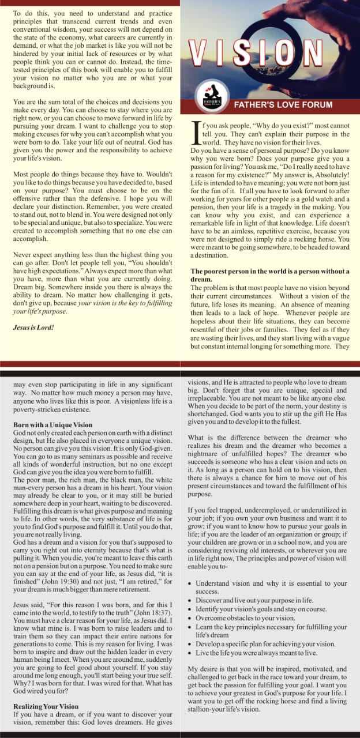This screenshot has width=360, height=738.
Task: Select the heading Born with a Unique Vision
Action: [52, 425]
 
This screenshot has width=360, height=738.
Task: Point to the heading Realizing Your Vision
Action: [47, 706]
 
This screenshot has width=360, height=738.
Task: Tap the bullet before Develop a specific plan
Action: [192, 643]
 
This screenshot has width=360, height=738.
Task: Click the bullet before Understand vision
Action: [192, 583]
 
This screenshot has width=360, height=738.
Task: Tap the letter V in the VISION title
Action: [200, 53]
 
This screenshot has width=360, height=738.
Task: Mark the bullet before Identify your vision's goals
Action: [192, 607]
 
